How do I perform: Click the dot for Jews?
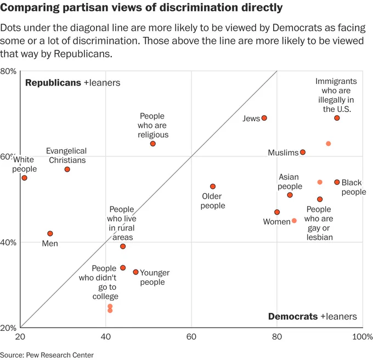click(x=264, y=118)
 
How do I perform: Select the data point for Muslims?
click(x=303, y=152)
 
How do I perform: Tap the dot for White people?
click(x=24, y=178)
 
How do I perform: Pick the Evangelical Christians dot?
click(x=67, y=169)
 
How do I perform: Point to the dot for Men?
click(x=50, y=233)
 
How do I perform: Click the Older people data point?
click(x=213, y=186)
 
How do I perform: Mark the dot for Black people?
click(x=337, y=182)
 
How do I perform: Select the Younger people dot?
click(x=135, y=272)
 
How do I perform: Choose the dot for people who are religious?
click(x=152, y=143)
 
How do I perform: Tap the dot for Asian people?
click(x=290, y=195)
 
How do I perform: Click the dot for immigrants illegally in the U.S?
click(x=337, y=118)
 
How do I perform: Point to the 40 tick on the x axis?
click(x=106, y=336)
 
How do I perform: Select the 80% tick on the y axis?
click(x=8, y=71)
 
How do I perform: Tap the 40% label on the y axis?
click(x=8, y=243)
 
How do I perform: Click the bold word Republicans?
click(x=53, y=82)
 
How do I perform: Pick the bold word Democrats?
click(x=293, y=316)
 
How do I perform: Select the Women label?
click(x=276, y=222)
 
